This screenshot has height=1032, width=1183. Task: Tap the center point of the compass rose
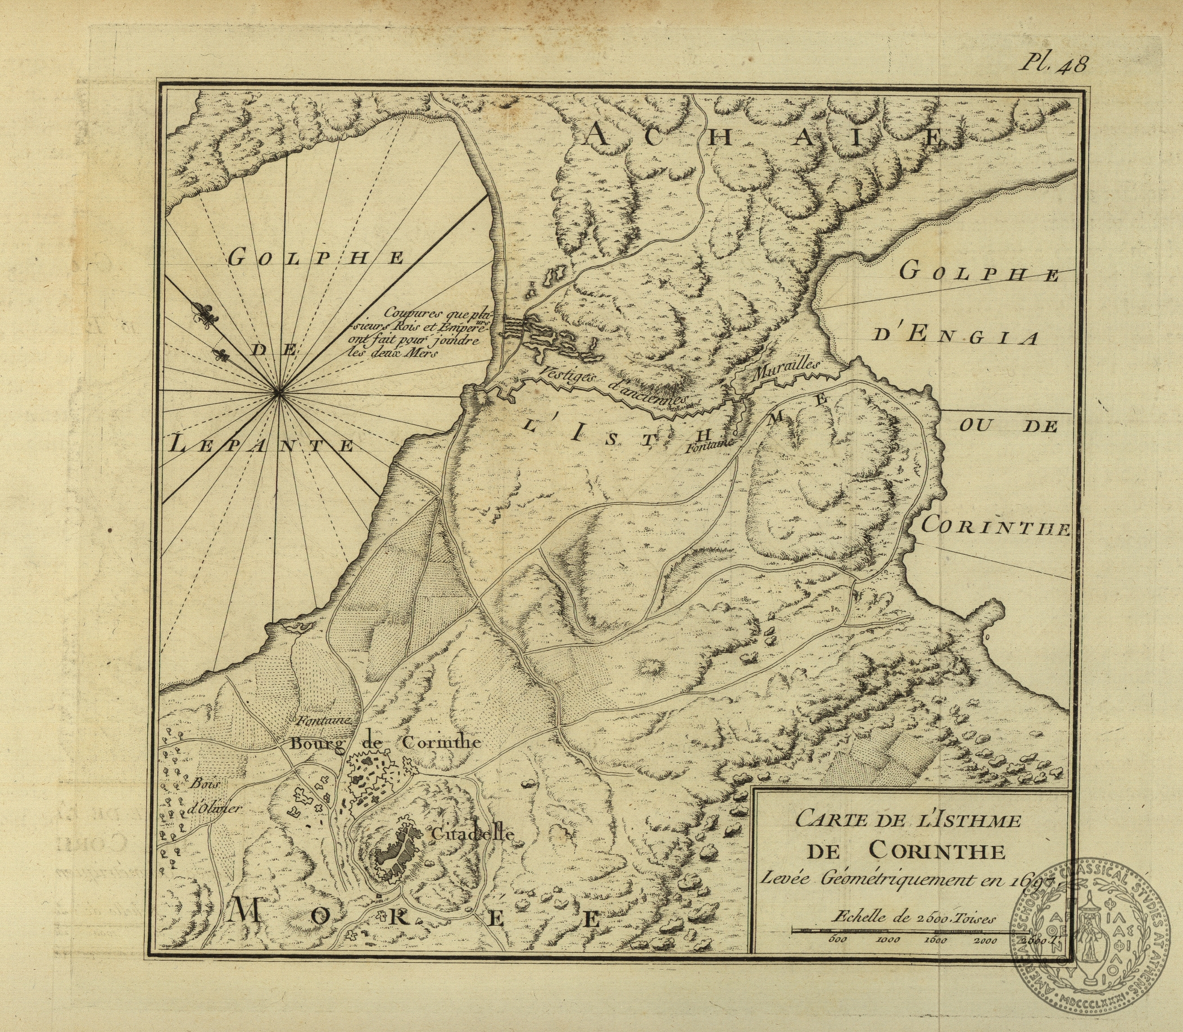pyautogui.click(x=279, y=393)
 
